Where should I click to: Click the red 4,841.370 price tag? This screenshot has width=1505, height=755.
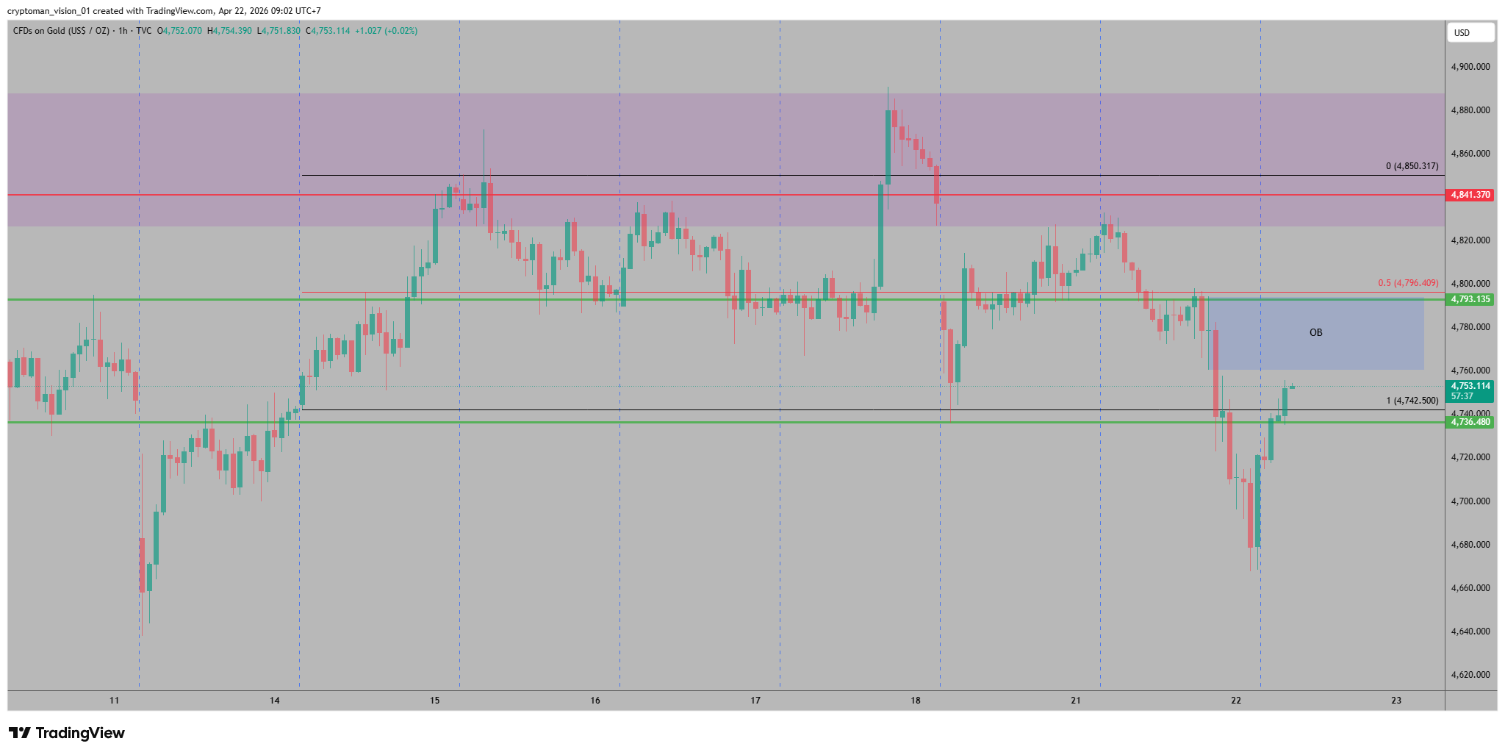point(1470,195)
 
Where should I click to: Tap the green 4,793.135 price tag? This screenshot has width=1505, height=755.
point(1470,299)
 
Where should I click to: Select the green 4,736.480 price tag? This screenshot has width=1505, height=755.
point(1470,422)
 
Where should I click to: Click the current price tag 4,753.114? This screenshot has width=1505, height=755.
point(1470,386)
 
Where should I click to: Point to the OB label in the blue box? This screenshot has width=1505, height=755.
point(1315,333)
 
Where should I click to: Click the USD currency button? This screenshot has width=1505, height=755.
point(1470,32)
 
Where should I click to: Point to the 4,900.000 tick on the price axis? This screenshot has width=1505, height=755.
point(1470,67)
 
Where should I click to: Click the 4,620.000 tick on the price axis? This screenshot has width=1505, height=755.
point(1470,675)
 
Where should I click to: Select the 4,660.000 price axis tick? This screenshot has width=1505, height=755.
point(1470,588)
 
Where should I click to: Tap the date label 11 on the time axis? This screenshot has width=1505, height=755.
point(114,701)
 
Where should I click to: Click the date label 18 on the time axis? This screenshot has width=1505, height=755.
point(915,701)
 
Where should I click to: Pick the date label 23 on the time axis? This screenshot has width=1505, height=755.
point(1396,701)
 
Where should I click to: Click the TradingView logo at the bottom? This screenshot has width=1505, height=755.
point(67,733)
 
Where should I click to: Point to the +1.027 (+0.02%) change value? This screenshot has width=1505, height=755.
point(386,31)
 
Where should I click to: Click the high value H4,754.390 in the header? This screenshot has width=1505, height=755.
point(230,31)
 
